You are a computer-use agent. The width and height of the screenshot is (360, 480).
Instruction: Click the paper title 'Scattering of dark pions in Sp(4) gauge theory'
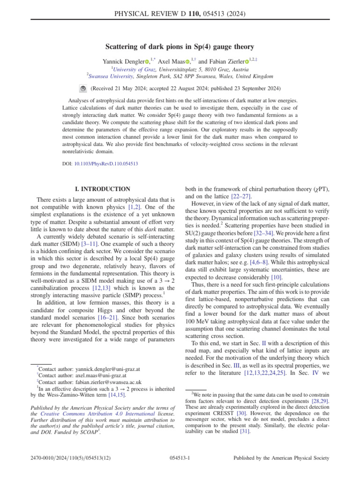pyautogui.click(x=180, y=46)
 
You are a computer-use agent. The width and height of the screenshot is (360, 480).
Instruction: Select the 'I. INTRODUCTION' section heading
pyautogui.click(x=103, y=189)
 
